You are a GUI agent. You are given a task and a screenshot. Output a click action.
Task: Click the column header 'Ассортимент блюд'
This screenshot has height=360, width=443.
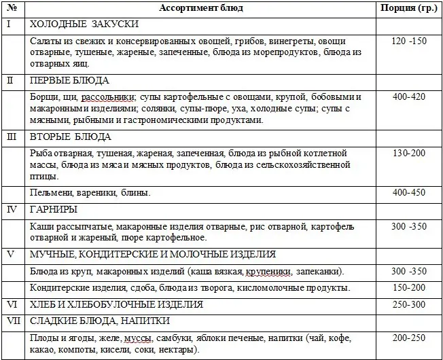[x=200, y=8]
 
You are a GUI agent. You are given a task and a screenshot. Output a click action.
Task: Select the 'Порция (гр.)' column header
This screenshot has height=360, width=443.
[x=408, y=8]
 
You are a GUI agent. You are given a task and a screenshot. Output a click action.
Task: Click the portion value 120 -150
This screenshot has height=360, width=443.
[x=409, y=41]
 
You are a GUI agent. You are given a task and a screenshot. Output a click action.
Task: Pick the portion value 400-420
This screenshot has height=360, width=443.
[x=409, y=97]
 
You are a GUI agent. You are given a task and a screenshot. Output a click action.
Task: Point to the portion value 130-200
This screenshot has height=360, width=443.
[x=409, y=154]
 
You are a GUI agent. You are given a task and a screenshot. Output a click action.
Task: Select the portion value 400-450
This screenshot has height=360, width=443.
[x=409, y=193]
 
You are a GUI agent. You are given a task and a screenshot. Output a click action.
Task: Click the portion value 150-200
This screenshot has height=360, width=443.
[x=409, y=287]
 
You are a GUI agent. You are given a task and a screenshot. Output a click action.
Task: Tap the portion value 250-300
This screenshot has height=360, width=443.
[x=409, y=304]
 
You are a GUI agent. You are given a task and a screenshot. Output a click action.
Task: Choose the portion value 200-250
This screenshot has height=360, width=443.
[x=409, y=338]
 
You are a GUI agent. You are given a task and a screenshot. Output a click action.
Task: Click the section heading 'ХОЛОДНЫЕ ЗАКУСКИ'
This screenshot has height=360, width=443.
[x=85, y=24]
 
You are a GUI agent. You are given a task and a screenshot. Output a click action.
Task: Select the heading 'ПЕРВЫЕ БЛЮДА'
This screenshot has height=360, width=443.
[x=70, y=80]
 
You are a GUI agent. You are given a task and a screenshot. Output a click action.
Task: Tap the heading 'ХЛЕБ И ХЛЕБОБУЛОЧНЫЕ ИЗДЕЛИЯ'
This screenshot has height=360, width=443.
[x=117, y=304]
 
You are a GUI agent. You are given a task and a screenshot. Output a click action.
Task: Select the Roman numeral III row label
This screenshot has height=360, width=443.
[x=10, y=137]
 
